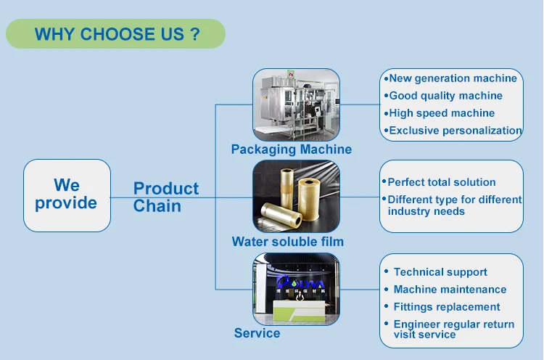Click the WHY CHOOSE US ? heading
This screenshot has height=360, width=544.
click(116, 34)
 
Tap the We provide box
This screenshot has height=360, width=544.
click(66, 195)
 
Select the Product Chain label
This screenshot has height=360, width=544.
click(165, 197)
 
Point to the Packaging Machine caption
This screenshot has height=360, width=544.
click(291, 150)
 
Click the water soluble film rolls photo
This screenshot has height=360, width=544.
click(296, 196)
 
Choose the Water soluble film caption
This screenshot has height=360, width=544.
click(287, 242)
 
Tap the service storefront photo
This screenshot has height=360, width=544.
click(296, 289)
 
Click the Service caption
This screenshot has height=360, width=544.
click(257, 333)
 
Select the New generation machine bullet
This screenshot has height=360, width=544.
click(453, 78)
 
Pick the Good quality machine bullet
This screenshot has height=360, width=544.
click(445, 96)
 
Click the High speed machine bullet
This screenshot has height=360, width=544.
click(442, 113)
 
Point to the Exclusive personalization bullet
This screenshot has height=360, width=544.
click(455, 131)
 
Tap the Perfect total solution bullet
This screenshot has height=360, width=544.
click(441, 182)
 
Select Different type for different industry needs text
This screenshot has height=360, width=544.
click(454, 205)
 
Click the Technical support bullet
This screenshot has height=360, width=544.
click(440, 272)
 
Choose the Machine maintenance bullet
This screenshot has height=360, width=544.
click(449, 290)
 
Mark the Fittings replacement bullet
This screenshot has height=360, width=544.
click(446, 307)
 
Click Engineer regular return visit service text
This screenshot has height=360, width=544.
click(453, 330)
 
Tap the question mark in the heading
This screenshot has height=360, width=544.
click(194, 34)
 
